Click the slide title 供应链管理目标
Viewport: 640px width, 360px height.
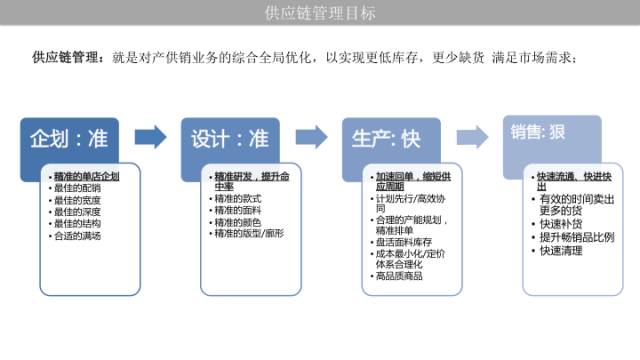point(319,13)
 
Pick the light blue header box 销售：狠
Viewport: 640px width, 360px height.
point(551,133)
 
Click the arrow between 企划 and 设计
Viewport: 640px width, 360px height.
point(151,137)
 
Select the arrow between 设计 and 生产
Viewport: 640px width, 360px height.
point(310,137)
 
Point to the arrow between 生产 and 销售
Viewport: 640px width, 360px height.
point(471,137)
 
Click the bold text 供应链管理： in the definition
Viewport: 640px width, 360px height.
point(68,59)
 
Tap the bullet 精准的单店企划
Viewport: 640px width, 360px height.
point(87,176)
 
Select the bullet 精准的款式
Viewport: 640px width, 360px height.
point(236,198)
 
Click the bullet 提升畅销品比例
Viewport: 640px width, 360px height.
point(575,237)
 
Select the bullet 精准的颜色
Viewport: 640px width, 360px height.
point(236,222)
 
